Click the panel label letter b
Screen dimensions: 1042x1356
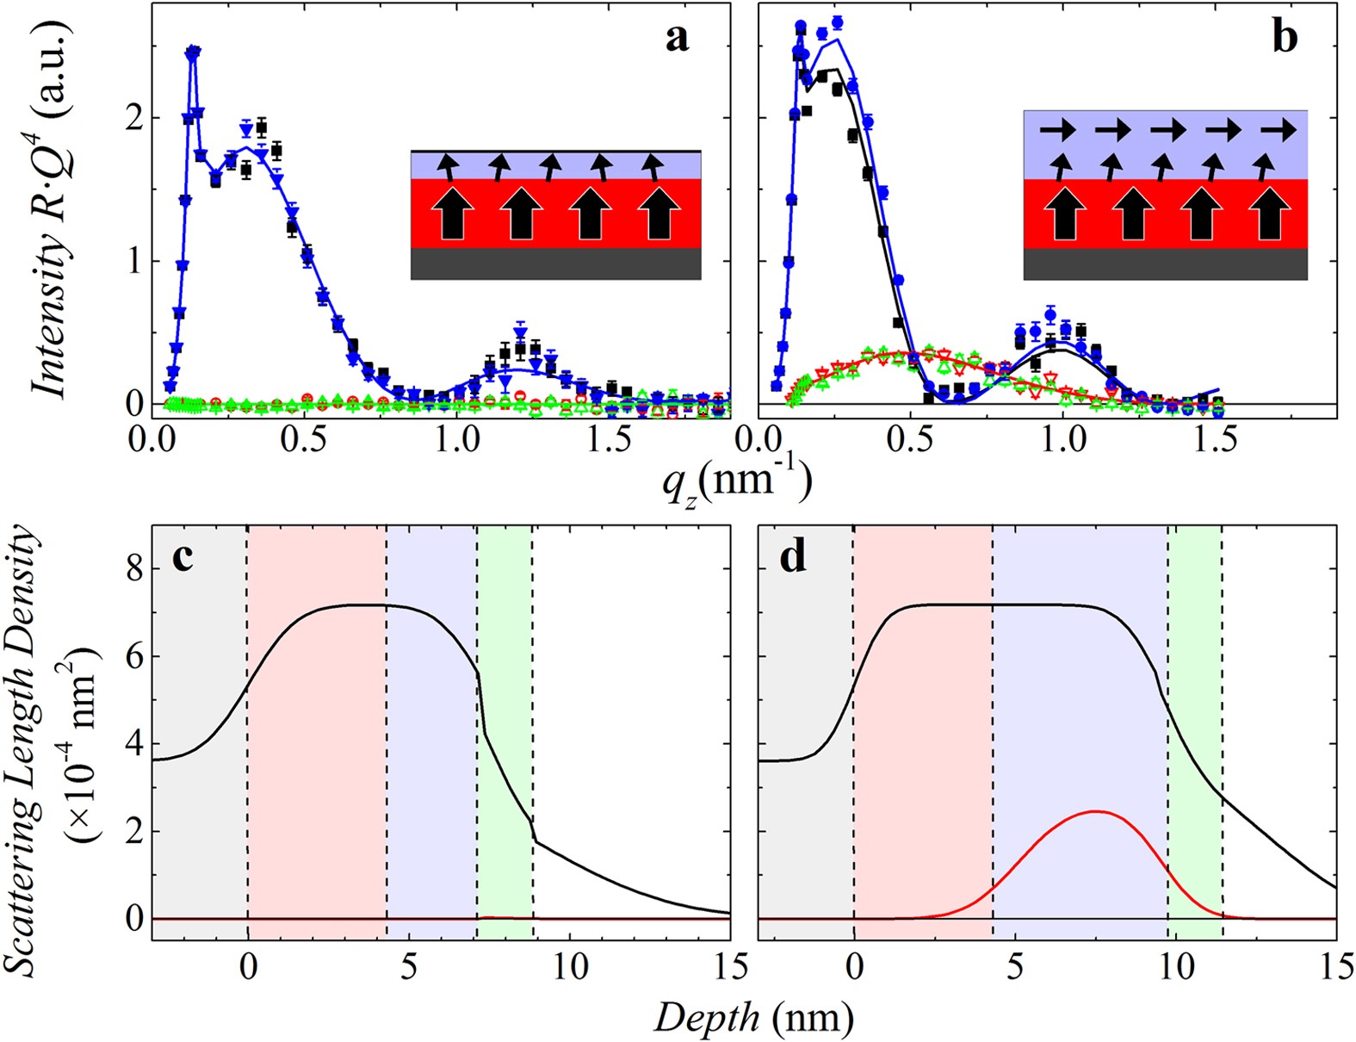click(x=1285, y=38)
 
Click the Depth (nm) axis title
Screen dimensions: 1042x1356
click(x=753, y=1019)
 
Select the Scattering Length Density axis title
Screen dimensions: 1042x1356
click(x=26, y=749)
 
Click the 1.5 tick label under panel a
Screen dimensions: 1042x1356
click(x=610, y=440)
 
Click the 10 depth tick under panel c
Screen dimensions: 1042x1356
click(x=570, y=966)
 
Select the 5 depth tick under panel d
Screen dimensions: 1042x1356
click(x=1015, y=966)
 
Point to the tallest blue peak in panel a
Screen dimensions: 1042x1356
click(x=193, y=52)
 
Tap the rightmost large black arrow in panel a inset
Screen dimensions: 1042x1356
click(x=659, y=213)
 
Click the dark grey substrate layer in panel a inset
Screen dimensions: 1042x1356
click(x=555, y=264)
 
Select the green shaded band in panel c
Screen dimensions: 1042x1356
click(x=505, y=732)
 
